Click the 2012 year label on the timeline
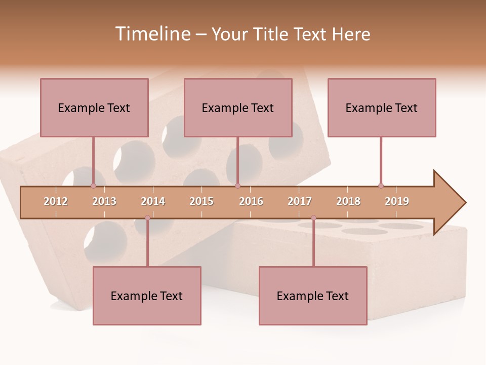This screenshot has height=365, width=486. tap(56, 201)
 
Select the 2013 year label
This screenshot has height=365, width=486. tap(104, 201)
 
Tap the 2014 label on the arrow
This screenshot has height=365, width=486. tap(153, 201)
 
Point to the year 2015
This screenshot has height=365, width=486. tap(201, 201)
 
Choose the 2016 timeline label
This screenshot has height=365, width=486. tap(251, 201)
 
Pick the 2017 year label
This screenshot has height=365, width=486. tap(300, 201)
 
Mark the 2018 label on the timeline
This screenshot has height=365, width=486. tap(348, 201)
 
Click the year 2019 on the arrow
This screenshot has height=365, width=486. tap(397, 201)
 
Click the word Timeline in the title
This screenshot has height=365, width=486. tap(151, 34)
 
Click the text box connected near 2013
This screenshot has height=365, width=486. tap(94, 107)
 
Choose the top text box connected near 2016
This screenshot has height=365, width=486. tap(238, 107)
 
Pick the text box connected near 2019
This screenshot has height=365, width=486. tap(382, 107)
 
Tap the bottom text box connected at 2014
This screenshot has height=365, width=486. tap(147, 296)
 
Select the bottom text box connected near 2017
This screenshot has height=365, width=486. tap(313, 296)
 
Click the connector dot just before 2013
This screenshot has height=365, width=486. tap(93, 186)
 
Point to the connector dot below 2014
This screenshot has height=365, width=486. tap(147, 218)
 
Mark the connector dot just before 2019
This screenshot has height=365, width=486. tap(381, 186)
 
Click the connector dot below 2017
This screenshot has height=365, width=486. tap(313, 218)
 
